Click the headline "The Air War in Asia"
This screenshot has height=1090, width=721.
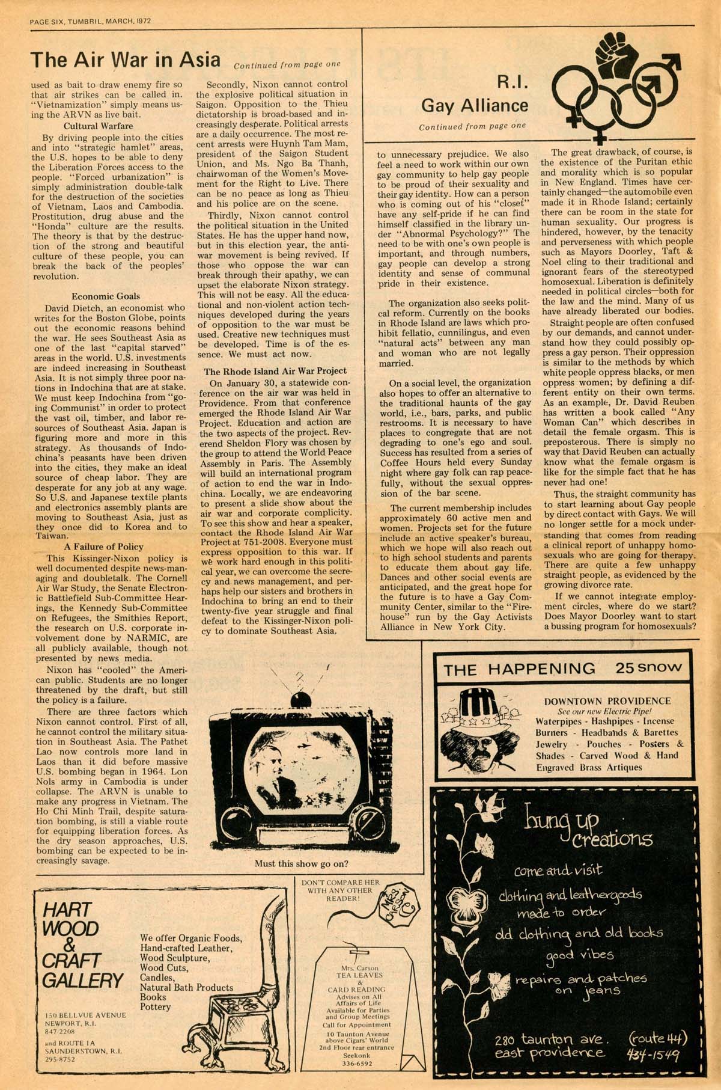[x=126, y=60]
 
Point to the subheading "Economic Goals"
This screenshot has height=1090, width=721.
[x=106, y=296]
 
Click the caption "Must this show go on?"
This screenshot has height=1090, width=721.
[x=301, y=864]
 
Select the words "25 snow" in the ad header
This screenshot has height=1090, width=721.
[x=648, y=667]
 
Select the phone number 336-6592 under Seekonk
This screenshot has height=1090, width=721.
[x=357, y=1064]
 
